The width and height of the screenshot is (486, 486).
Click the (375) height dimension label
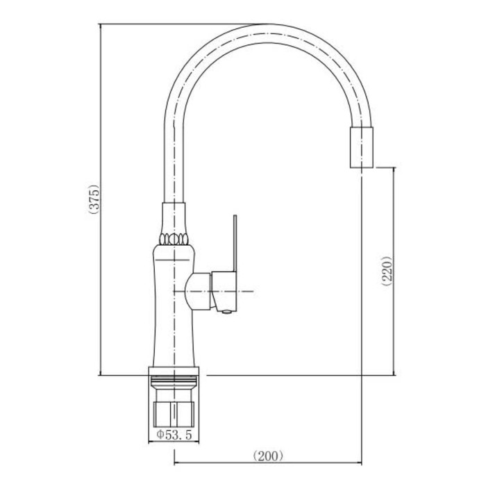tap(94, 199)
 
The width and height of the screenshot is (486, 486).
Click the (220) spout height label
tap(387, 271)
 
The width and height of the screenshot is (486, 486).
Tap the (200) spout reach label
tap(268, 455)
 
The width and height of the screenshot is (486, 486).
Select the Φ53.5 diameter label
tap(174, 435)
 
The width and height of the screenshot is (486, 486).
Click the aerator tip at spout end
tap(362, 147)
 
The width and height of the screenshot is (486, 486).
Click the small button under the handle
tap(227, 312)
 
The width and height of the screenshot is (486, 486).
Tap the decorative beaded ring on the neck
tap(174, 239)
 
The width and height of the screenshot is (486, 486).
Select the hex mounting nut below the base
tap(174, 414)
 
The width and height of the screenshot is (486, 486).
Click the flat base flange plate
tap(174, 371)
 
